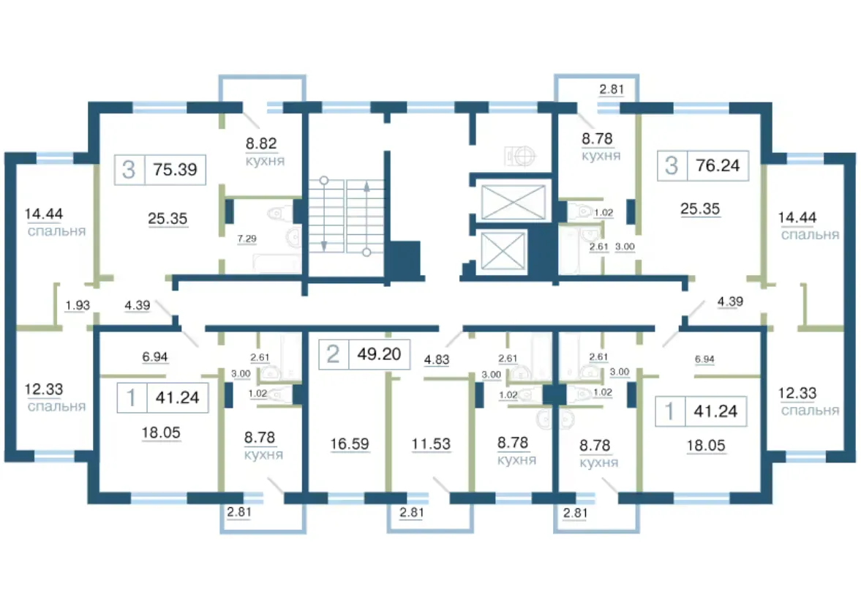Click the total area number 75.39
click(175, 169)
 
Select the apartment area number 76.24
click(717, 165)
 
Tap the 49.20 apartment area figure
click(379, 353)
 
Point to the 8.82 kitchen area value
click(261, 143)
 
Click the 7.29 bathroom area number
click(247, 239)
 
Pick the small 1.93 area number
click(78, 305)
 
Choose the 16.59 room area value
click(349, 444)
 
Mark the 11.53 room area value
click(431, 444)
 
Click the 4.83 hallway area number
click(437, 359)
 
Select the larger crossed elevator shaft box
click(513, 201)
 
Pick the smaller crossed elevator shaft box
click(503, 251)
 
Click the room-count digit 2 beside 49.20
click(332, 354)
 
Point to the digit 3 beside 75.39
click(129, 170)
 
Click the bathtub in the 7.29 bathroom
click(277, 263)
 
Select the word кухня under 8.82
click(265, 161)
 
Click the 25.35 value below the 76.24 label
click(699, 209)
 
